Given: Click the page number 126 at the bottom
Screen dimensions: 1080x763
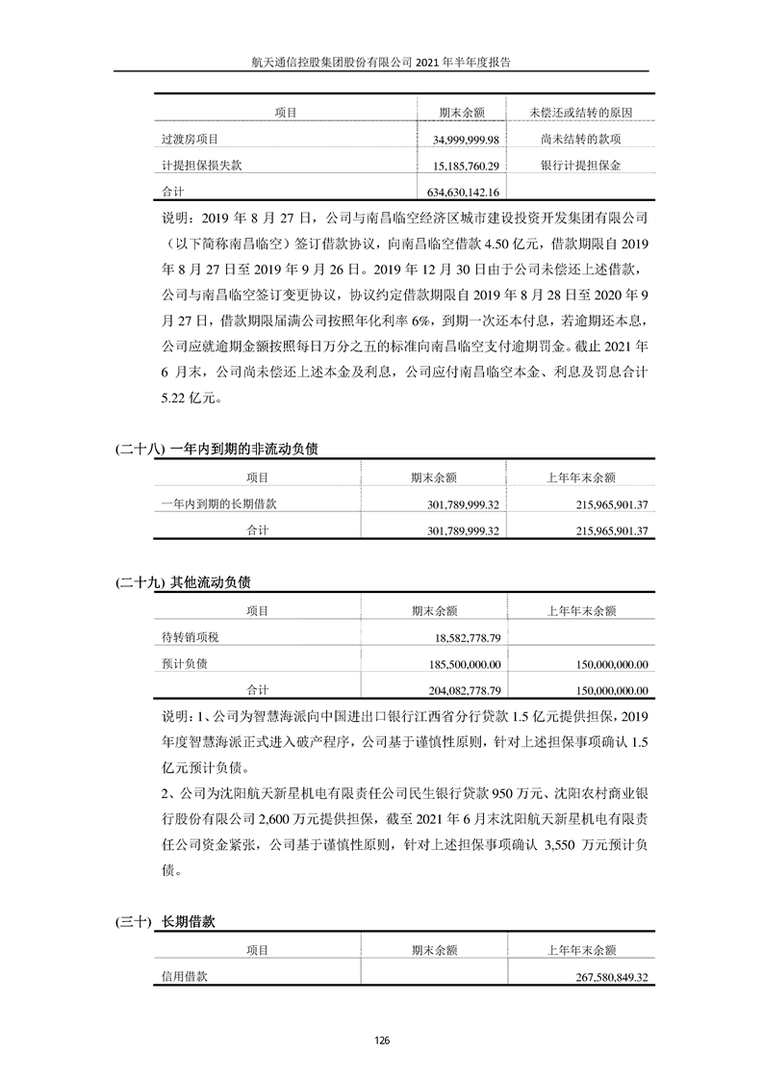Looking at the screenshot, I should (x=382, y=1041).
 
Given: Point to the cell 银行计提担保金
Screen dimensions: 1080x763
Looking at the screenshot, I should (x=580, y=166).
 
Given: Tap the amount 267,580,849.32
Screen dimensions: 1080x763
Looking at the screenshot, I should (x=605, y=976).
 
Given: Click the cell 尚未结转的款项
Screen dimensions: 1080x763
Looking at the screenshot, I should (x=580, y=141).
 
